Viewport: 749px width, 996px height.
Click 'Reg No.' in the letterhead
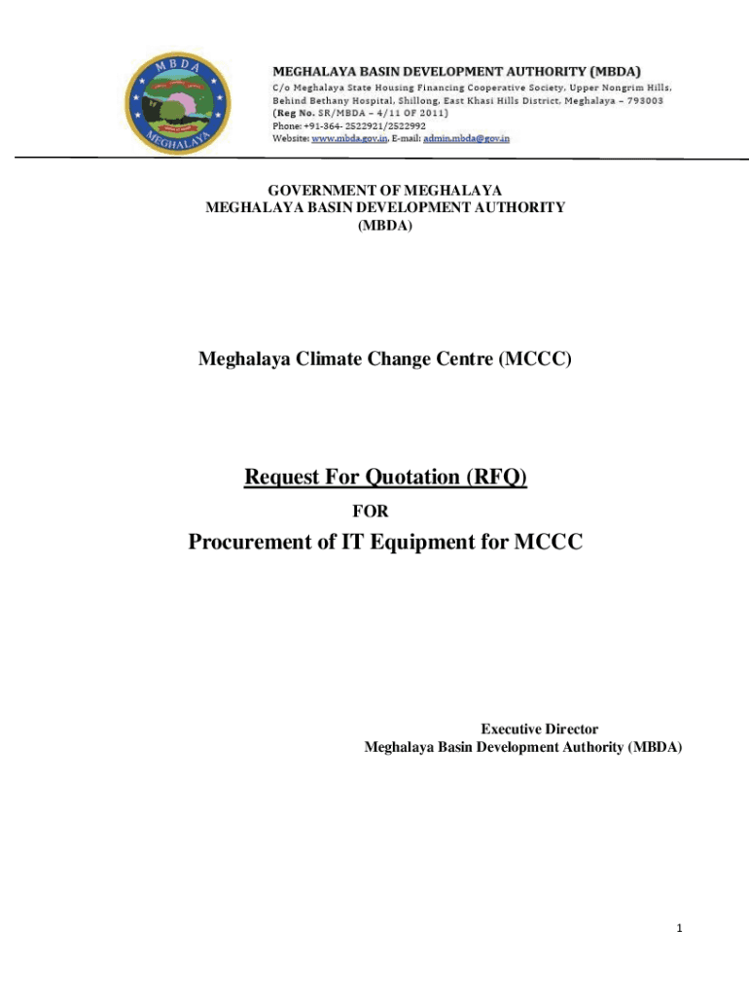[x=294, y=114]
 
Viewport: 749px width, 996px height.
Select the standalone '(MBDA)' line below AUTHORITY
[x=385, y=225]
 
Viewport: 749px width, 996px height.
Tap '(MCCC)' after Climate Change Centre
[x=535, y=360]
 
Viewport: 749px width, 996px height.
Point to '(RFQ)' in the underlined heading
[x=497, y=478]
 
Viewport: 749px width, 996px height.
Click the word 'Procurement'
[x=249, y=542]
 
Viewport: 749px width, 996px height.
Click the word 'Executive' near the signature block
[x=511, y=729]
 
